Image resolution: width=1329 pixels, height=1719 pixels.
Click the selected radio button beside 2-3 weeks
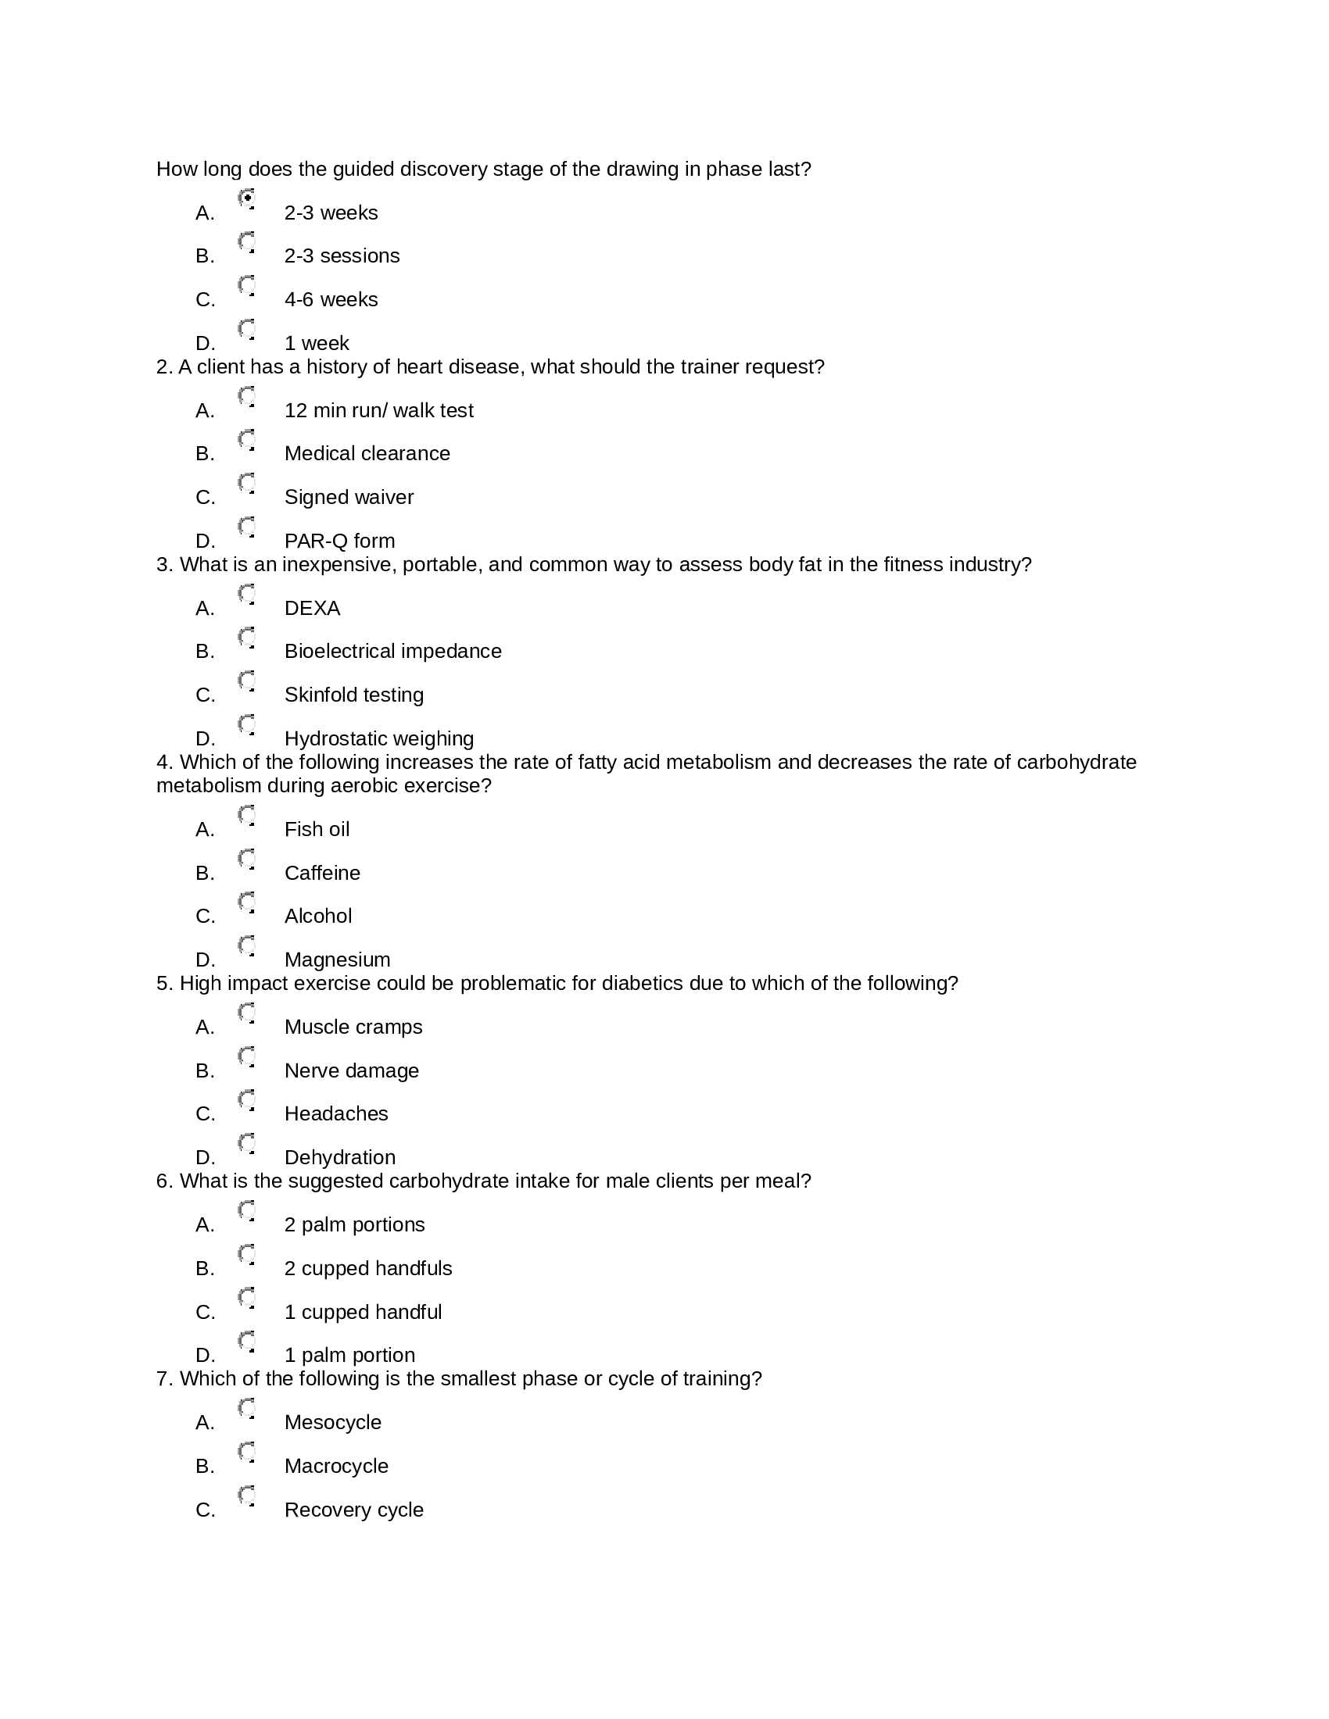click(246, 198)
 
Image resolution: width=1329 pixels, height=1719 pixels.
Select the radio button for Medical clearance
click(246, 438)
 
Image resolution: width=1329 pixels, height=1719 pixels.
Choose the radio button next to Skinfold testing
click(246, 680)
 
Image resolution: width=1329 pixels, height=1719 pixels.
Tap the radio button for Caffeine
click(246, 858)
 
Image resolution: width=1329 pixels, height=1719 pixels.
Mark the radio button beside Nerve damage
click(246, 1056)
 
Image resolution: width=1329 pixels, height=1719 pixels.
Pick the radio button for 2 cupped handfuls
click(246, 1253)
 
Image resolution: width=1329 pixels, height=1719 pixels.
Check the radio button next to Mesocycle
click(246, 1407)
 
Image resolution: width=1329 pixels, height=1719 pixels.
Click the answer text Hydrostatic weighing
click(378, 738)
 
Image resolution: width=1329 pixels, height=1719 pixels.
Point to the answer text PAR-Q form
click(339, 541)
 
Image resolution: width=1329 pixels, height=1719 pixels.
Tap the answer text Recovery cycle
click(353, 1510)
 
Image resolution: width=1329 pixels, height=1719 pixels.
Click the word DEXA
click(312, 609)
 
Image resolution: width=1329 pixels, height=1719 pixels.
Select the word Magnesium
click(337, 960)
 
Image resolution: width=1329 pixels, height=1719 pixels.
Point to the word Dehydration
click(339, 1157)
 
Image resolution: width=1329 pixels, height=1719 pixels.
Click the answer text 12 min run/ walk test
click(378, 411)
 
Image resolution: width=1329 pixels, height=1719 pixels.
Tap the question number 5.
click(163, 984)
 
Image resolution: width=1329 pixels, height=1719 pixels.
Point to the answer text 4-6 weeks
click(331, 300)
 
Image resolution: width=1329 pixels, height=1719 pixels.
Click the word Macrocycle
click(336, 1467)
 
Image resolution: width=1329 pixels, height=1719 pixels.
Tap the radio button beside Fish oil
click(246, 815)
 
